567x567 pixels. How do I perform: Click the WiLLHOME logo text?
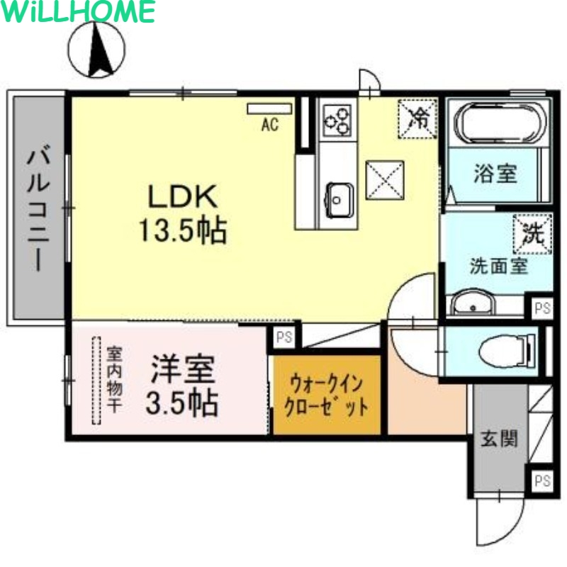(78, 12)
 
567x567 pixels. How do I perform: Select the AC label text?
(269, 126)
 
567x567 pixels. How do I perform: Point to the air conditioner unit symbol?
(269, 108)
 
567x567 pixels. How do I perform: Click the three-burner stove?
(337, 120)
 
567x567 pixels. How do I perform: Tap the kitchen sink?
(339, 198)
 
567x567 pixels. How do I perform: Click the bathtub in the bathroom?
(500, 123)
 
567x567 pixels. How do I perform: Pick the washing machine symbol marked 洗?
(532, 232)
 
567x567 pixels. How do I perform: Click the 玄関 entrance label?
(499, 439)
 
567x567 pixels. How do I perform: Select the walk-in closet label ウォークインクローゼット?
(325, 396)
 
